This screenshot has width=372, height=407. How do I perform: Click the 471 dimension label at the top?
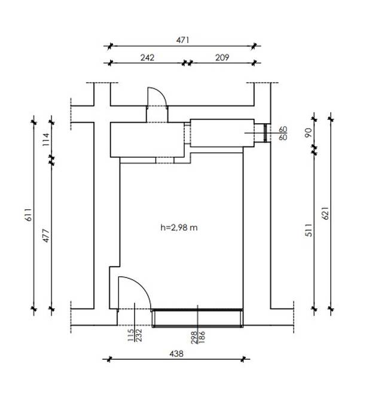pos(182,40)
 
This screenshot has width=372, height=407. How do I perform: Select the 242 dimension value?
pos(147,57)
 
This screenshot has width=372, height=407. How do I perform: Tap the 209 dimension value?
pos(222,57)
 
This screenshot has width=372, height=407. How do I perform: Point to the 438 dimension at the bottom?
pos(176,354)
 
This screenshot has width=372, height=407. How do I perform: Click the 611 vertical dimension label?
pos(28,215)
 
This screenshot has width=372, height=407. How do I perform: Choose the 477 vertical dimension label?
pos(46,235)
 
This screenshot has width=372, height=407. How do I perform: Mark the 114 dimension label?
pos(46,139)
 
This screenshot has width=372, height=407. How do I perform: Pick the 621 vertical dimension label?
pos(325,213)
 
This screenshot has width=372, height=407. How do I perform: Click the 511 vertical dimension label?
pos(309,230)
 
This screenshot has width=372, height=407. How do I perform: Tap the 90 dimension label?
pos(309,133)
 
